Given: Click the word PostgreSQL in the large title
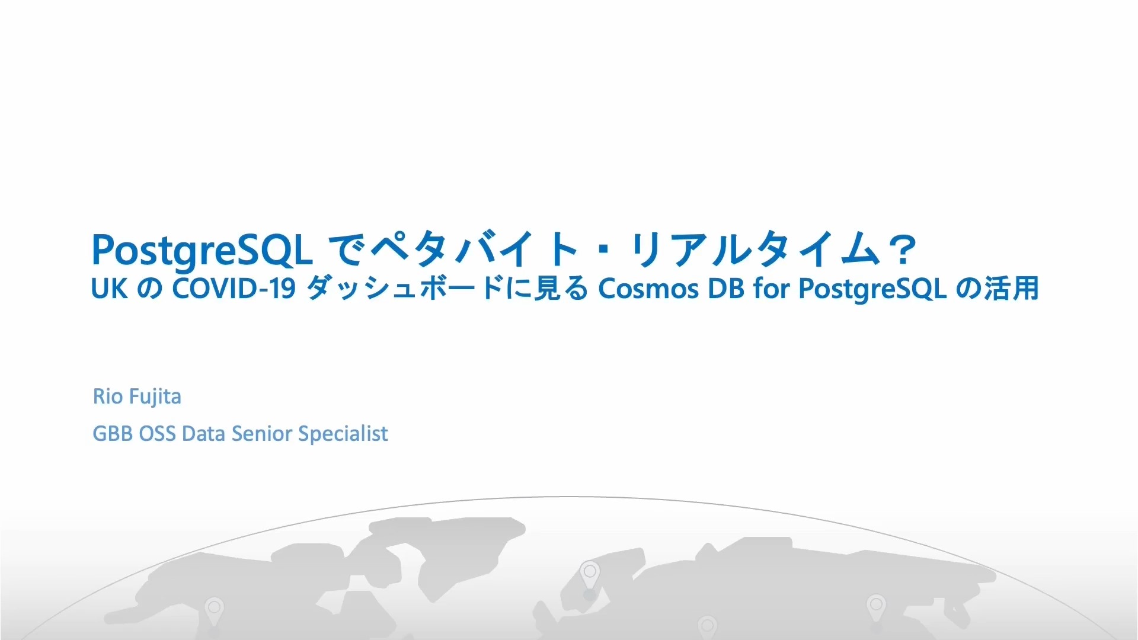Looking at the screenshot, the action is [x=202, y=251].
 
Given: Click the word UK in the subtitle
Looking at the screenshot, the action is [x=109, y=289].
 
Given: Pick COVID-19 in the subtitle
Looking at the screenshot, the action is [x=234, y=289].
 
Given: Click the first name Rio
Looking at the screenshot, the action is [x=108, y=396].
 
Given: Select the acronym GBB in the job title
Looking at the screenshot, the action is [x=113, y=434].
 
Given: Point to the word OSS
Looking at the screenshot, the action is [x=157, y=434].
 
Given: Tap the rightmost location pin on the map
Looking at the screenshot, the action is [x=876, y=609].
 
